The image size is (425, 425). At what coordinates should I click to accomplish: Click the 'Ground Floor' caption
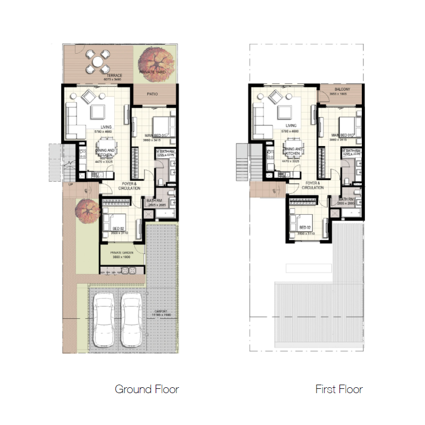[x=147, y=389]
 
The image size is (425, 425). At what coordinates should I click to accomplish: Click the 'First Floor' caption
[x=339, y=389]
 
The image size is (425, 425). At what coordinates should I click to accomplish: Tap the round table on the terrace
[x=98, y=62]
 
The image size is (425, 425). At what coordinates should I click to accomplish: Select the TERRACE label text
[x=114, y=75]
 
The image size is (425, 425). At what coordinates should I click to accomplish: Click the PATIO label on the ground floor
[x=153, y=95]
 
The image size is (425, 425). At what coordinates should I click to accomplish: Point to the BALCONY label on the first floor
[x=342, y=90]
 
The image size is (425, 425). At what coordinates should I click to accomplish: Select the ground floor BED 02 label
[x=118, y=227]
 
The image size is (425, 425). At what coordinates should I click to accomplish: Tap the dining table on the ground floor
[x=104, y=147]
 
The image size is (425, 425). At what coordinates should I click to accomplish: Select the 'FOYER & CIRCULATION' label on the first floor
[x=312, y=185]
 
